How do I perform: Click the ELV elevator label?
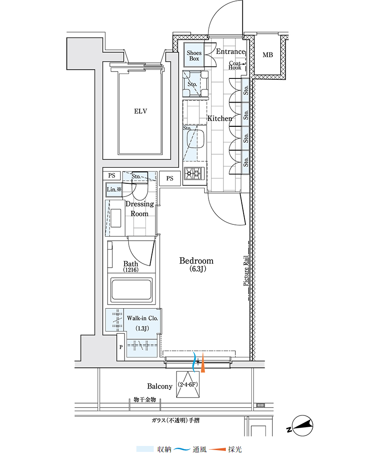141,111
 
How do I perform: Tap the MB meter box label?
268,55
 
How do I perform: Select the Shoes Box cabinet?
194,55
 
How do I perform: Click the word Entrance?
230,52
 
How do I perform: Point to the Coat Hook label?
235,65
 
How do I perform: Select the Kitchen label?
220,119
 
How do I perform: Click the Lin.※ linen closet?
114,190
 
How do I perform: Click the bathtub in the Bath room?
131,290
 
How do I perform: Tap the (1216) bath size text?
130,269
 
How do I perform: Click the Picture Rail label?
246,271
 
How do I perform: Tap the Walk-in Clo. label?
142,318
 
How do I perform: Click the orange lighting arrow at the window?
203,363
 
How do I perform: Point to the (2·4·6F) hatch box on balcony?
188,384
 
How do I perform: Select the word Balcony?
160,386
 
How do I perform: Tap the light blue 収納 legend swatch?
145,449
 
